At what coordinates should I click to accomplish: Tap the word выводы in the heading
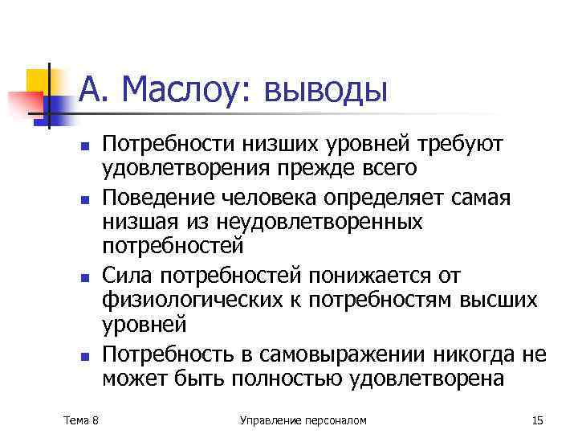(x=326, y=90)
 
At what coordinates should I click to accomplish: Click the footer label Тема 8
(x=81, y=420)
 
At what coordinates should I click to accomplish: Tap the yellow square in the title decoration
(x=39, y=80)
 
